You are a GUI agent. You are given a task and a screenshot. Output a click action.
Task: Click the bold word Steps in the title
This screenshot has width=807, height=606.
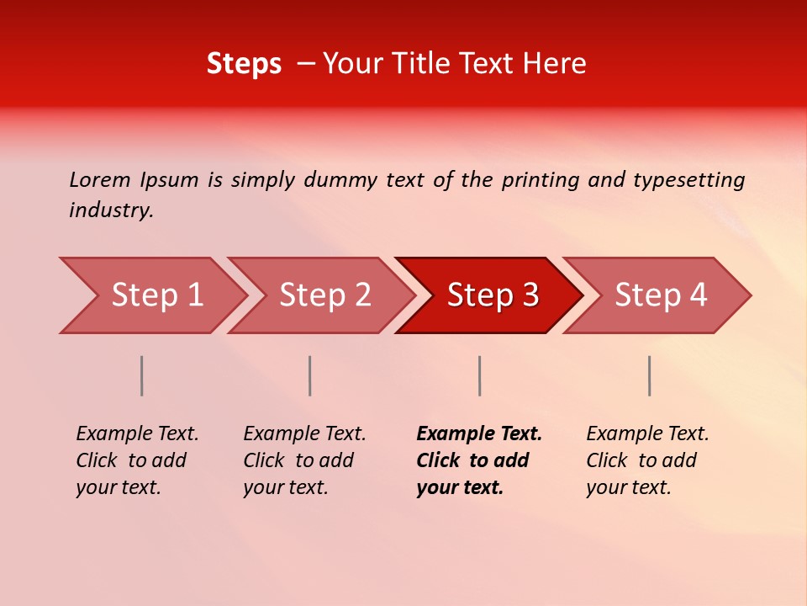pyautogui.click(x=244, y=64)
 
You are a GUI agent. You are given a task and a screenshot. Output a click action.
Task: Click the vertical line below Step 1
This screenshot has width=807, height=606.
pyautogui.click(x=142, y=375)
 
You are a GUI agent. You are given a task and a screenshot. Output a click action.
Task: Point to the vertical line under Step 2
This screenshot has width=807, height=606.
pyautogui.click(x=310, y=375)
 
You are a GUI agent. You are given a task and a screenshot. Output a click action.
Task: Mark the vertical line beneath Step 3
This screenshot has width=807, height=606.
pyautogui.click(x=479, y=375)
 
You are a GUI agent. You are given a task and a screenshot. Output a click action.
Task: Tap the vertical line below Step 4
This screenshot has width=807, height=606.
pyautogui.click(x=649, y=375)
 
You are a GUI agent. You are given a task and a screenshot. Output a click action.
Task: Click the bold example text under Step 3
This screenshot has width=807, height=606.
pyautogui.click(x=477, y=460)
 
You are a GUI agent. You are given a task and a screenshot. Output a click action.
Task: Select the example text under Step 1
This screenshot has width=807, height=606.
pyautogui.click(x=136, y=460)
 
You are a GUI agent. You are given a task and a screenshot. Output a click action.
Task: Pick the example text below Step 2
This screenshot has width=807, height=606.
pyautogui.click(x=303, y=460)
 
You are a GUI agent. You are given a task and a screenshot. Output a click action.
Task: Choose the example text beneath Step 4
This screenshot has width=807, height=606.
pyautogui.click(x=646, y=460)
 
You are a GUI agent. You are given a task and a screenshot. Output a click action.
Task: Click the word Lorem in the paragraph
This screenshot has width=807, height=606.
pyautogui.click(x=100, y=180)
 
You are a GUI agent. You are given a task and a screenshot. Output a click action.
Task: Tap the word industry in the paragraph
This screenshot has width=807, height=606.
pyautogui.click(x=111, y=210)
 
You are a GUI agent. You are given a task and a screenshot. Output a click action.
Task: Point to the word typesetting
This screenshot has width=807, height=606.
pyautogui.click(x=688, y=180)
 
